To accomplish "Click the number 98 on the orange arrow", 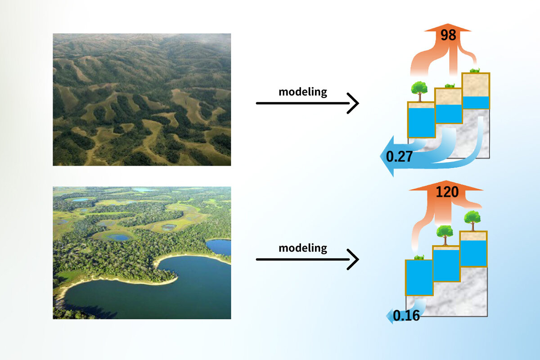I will click(x=448, y=35).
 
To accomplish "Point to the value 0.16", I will click(x=406, y=315).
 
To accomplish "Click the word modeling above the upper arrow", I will click(x=303, y=92).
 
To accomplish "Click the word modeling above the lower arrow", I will click(x=303, y=248).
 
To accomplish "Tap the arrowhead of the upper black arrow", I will click(x=354, y=103).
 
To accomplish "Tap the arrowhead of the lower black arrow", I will click(x=354, y=259).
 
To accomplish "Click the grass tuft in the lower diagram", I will click(x=418, y=257).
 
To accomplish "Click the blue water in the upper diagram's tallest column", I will click(x=476, y=103).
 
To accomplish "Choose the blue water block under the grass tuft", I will click(x=418, y=277).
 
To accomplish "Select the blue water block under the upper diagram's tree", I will click(x=421, y=121).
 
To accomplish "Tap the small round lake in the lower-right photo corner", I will click(x=219, y=247).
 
